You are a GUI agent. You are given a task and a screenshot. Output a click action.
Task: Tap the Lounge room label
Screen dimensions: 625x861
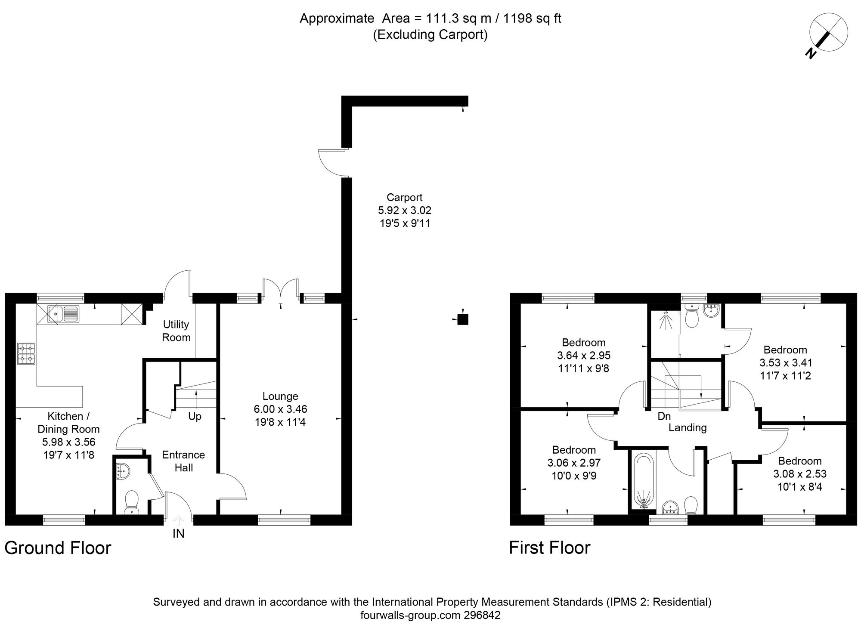pos(280,396)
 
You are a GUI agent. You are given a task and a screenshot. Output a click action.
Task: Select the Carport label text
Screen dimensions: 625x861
pos(404,198)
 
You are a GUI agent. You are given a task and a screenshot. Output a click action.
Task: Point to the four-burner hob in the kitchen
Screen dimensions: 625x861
pos(26,353)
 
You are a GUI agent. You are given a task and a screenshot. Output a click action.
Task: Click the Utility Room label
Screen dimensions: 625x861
pos(176,331)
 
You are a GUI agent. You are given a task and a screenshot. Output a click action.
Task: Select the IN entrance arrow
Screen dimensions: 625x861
pos(178,521)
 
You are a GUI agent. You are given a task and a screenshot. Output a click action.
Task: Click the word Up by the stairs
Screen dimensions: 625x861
pos(195,417)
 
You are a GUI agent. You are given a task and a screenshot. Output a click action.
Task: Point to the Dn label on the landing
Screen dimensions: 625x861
pos(664,416)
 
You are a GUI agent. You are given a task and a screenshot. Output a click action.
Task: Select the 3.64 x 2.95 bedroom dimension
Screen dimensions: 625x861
pos(583,356)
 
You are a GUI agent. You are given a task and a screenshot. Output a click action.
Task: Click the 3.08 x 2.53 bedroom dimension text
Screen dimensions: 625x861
pos(799,474)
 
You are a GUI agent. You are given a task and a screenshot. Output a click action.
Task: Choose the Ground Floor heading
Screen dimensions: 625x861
pos(58,548)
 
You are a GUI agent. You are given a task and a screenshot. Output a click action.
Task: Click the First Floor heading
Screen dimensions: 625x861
pos(549,548)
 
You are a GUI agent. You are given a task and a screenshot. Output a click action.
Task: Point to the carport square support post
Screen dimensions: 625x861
pos(462,319)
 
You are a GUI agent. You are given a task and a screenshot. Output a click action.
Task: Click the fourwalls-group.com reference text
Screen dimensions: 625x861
pos(430,615)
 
